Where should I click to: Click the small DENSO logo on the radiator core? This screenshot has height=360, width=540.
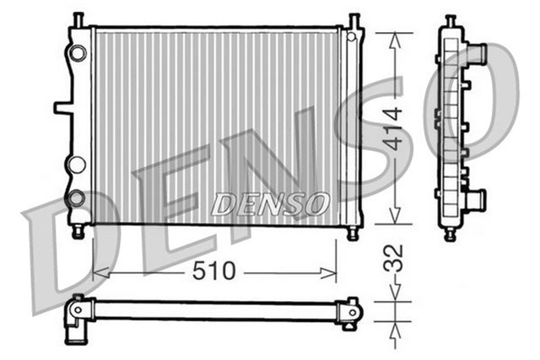click(x=270, y=203)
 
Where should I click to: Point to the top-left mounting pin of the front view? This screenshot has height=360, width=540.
click(x=78, y=19)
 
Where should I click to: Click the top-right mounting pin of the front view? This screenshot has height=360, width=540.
click(x=354, y=19)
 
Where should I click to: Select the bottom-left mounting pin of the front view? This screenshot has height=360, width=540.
click(x=78, y=232)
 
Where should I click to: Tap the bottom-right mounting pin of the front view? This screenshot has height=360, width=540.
click(x=354, y=232)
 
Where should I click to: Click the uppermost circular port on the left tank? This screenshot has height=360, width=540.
click(x=78, y=53)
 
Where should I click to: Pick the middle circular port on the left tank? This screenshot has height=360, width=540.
click(x=77, y=164)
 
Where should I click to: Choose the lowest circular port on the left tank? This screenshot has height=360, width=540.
click(x=77, y=199)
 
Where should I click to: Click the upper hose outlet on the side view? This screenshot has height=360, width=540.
click(x=477, y=55)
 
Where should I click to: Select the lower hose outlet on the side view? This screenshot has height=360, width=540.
click(x=477, y=201)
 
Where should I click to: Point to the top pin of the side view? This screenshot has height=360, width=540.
click(x=451, y=19)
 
